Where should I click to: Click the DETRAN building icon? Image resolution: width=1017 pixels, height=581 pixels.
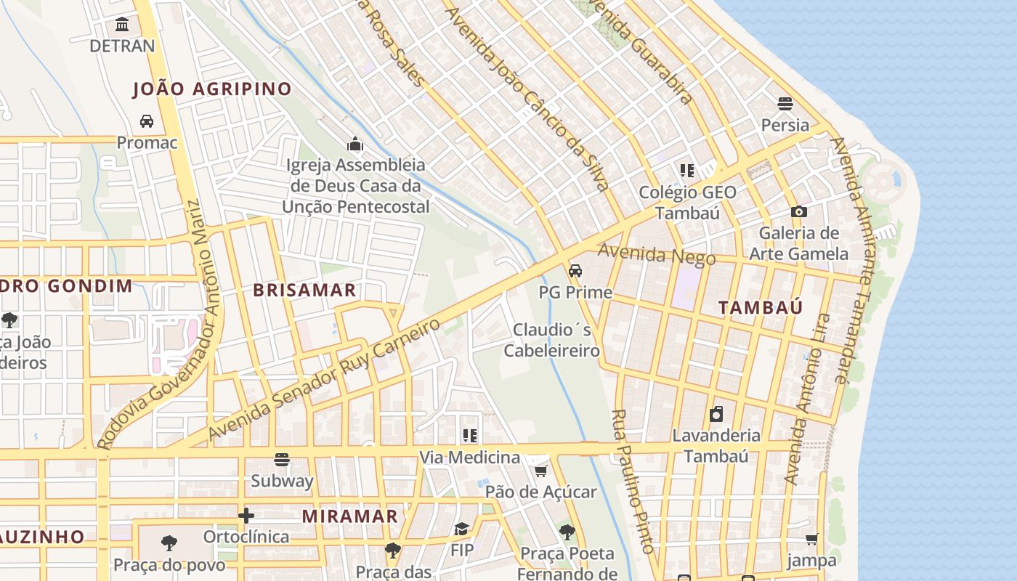(x=122, y=25)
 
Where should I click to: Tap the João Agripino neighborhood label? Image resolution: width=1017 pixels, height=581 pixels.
(x=212, y=89)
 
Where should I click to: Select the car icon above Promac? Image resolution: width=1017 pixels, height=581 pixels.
(x=147, y=121)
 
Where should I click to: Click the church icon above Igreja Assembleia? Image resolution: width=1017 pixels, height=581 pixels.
(x=355, y=144)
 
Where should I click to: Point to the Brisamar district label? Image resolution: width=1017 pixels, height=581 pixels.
(x=304, y=290)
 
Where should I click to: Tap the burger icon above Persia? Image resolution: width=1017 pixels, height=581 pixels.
(x=785, y=103)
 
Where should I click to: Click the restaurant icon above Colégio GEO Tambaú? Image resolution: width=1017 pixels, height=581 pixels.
(x=687, y=171)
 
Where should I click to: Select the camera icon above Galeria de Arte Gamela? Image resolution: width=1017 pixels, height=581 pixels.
(x=799, y=211)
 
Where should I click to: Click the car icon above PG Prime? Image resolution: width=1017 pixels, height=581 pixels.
(x=575, y=271)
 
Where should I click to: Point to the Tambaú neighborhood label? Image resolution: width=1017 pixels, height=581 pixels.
(x=761, y=307)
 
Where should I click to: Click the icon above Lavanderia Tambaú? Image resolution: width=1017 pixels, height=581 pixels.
(x=716, y=414)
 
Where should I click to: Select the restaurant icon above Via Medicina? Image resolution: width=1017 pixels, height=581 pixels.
(x=470, y=436)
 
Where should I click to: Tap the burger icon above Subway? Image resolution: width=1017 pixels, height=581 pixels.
(x=282, y=459)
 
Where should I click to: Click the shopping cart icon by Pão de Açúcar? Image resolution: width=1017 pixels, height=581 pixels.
(x=540, y=471)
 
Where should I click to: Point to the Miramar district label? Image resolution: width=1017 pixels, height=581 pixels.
(x=350, y=516)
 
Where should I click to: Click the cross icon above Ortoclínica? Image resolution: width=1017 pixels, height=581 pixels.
(x=246, y=516)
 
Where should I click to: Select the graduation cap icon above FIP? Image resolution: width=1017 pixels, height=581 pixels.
(x=461, y=528)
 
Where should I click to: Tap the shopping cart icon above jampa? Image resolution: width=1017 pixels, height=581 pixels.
(x=811, y=539)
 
